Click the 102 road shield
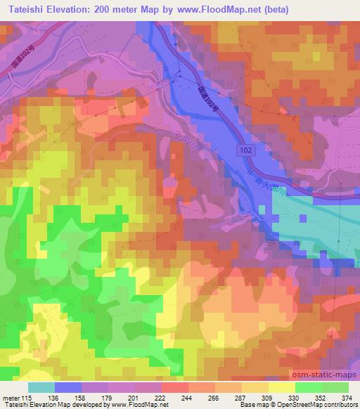pos(242,150)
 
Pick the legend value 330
pos(282,397)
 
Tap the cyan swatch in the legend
pos(41,387)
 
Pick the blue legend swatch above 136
pos(67,387)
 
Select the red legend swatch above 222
pos(175,387)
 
